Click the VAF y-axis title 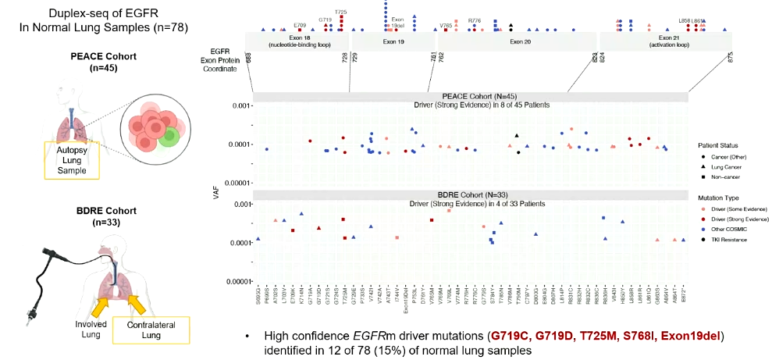click(217, 190)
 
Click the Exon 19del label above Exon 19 click(397, 22)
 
